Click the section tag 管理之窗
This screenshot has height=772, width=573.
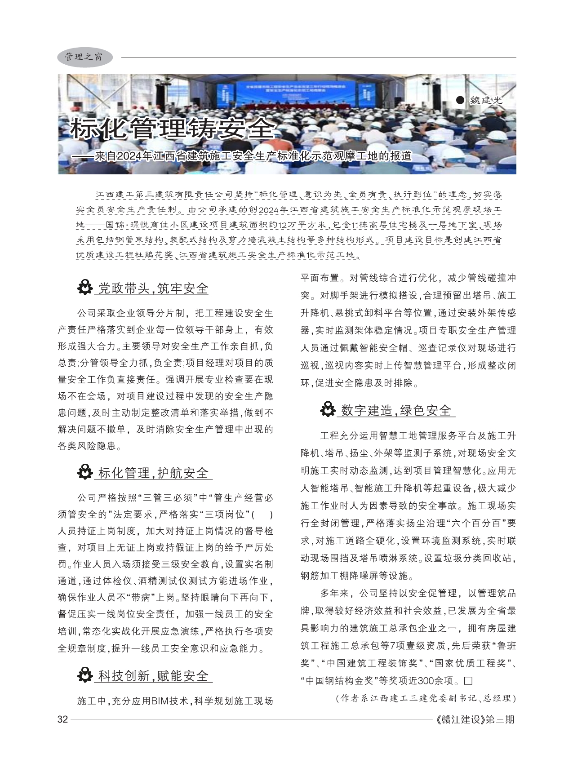(84, 57)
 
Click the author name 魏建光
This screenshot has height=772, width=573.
(485, 100)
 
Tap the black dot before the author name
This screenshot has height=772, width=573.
(459, 100)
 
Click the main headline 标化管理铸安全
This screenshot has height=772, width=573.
(173, 129)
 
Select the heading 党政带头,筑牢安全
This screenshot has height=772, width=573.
(153, 288)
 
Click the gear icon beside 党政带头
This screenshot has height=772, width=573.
(84, 288)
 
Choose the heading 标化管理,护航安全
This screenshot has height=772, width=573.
(153, 473)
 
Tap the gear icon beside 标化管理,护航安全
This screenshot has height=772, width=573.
(84, 472)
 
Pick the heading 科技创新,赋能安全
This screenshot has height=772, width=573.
(153, 676)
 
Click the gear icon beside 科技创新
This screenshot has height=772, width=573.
(84, 675)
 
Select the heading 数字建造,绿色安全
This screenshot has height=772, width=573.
(396, 410)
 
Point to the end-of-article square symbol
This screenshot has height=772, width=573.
(469, 680)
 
